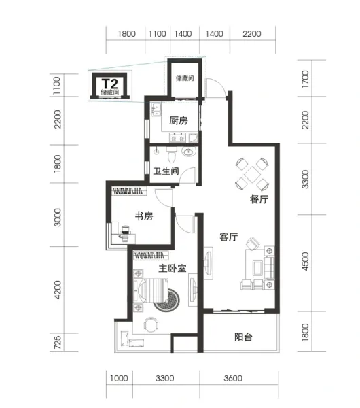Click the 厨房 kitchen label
tap(179, 120)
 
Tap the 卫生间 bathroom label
tap(166, 171)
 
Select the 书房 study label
tap(144, 216)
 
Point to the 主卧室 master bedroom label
tap(173, 269)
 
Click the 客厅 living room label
tap(229, 237)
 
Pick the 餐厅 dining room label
tap(259, 199)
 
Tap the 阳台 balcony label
tap(243, 337)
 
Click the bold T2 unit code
tap(110, 84)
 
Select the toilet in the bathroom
tap(171, 154)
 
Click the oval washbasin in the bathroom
tap(189, 151)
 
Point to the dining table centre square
tap(252, 175)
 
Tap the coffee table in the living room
tap(257, 268)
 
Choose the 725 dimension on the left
tap(58, 342)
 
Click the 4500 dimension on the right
tap(305, 261)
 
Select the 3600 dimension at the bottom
tap(233, 378)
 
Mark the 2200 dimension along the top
tap(251, 34)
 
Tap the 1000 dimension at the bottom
tap(119, 378)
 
